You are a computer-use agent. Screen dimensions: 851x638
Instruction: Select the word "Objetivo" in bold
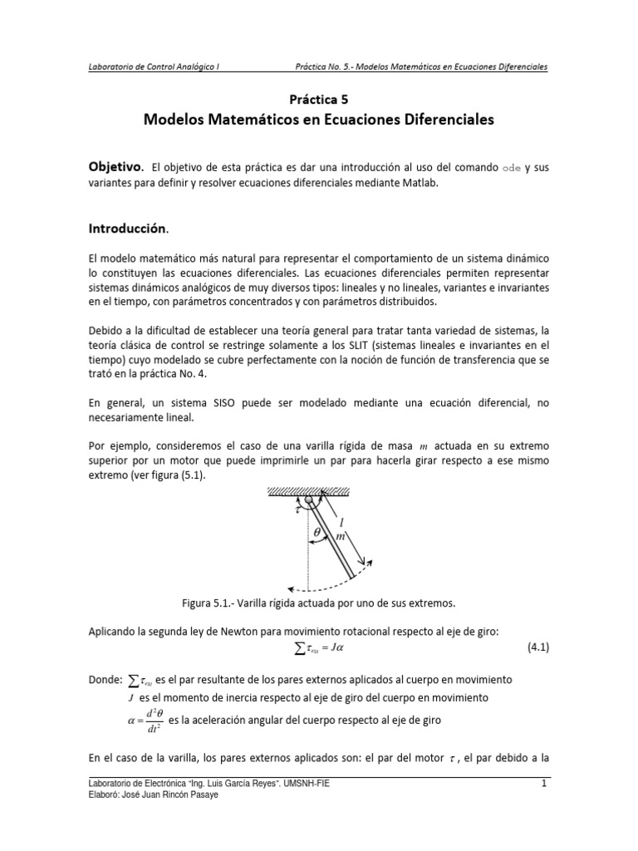pos(115,167)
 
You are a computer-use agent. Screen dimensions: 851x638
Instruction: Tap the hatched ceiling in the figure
pos(320,493)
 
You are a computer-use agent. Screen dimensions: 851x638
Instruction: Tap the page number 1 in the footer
pos(542,784)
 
